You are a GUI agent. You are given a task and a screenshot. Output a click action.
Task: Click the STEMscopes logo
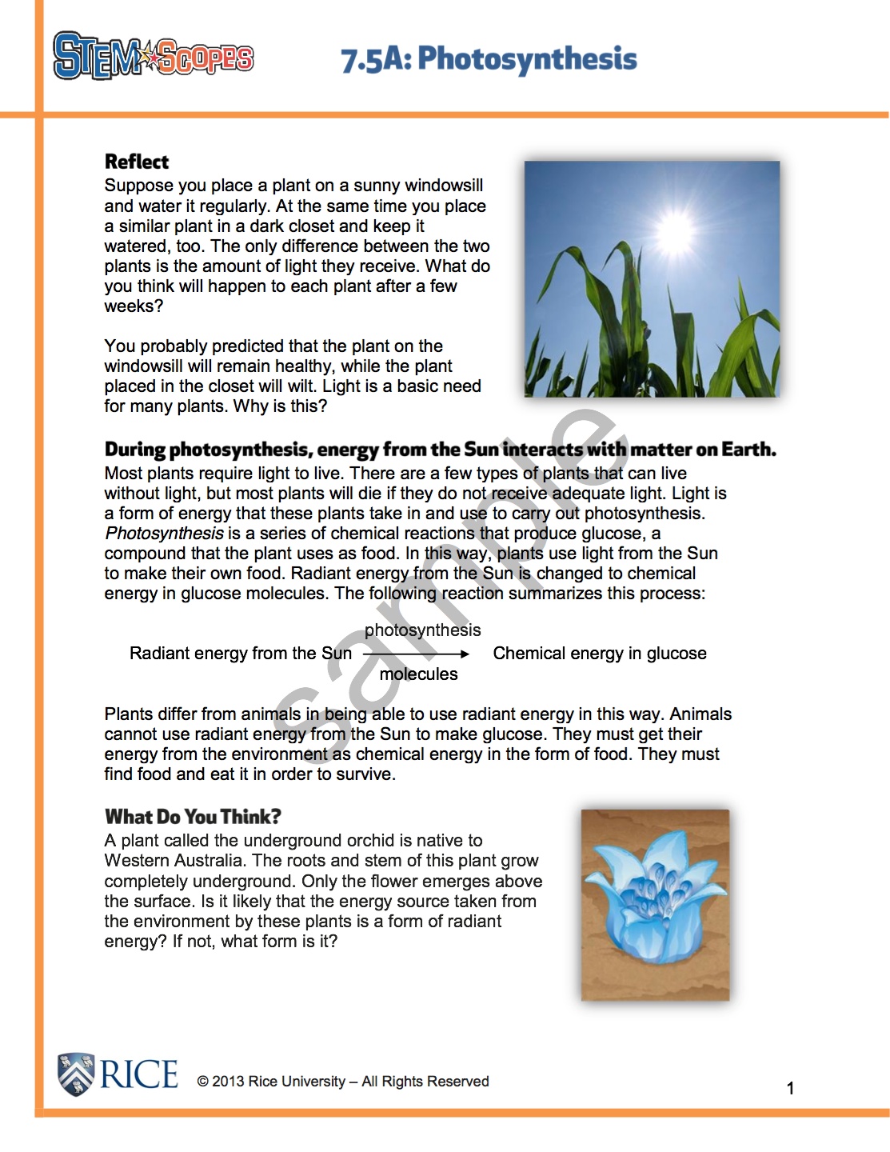coord(153,56)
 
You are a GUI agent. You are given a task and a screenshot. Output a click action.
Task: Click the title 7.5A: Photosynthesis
coord(489,59)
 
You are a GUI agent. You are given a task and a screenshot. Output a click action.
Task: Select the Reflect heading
coord(137,162)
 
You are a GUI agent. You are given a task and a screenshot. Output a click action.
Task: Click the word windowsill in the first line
coord(445,186)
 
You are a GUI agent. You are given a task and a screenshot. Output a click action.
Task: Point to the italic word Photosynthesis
coord(164,534)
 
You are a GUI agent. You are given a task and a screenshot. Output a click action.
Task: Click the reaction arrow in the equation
coord(416,654)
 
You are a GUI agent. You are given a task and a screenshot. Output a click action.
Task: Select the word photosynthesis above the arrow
coord(422,630)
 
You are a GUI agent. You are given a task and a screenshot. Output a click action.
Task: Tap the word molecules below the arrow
coord(418,674)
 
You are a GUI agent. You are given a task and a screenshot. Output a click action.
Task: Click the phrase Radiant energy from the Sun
coord(241,654)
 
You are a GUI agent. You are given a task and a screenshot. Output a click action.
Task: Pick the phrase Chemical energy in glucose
coord(600,654)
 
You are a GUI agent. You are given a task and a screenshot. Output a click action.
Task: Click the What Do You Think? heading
coord(193,817)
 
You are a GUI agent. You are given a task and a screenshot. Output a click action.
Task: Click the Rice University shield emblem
coord(76,1074)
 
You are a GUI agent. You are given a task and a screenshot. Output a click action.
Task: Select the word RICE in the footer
coord(139,1074)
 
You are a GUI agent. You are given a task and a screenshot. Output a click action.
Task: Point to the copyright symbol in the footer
coord(202,1082)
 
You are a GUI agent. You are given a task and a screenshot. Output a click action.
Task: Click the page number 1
coord(790,1088)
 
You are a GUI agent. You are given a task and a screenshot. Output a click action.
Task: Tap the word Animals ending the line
coord(700,714)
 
